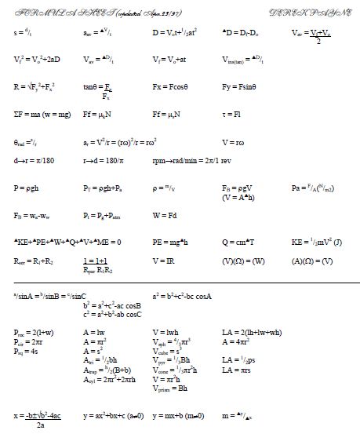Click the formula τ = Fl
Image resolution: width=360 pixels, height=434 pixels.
coord(235,112)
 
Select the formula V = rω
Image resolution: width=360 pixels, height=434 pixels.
coord(236,142)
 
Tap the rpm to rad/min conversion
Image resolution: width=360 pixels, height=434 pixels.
coord(194,159)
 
